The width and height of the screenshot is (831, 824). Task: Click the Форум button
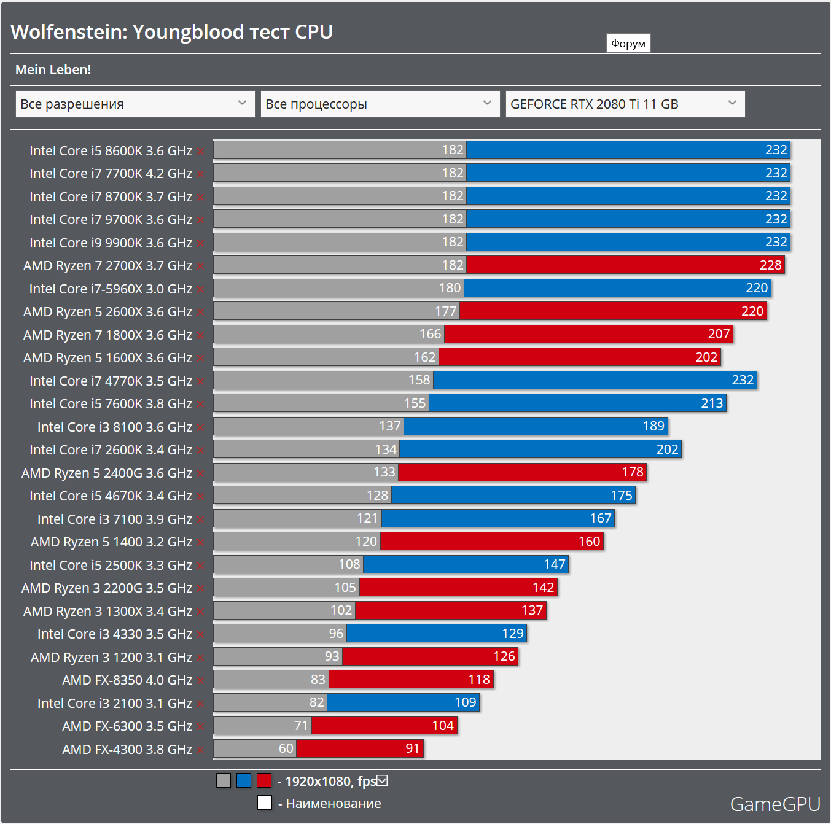tap(628, 44)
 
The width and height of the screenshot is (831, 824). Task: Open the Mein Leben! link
tap(53, 70)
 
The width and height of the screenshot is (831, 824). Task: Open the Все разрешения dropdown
tap(135, 104)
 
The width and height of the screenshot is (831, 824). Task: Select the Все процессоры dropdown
tap(380, 104)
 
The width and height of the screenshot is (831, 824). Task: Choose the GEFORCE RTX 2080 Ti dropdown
tap(625, 104)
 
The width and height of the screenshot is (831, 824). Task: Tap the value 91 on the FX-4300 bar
tap(412, 748)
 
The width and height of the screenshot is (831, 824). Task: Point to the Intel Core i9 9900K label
tap(111, 243)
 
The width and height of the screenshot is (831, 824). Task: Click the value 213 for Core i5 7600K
tap(712, 403)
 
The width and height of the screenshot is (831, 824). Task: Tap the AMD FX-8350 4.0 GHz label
tap(127, 680)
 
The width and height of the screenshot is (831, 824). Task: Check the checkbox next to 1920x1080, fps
tap(383, 781)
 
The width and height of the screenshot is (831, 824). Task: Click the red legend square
tap(264, 781)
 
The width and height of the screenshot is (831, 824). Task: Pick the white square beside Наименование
tap(265, 803)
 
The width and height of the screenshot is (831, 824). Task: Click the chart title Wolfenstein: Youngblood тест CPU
tap(172, 32)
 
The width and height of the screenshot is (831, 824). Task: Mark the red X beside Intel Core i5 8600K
tap(201, 151)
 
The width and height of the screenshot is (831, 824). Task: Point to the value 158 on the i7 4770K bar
tap(419, 380)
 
